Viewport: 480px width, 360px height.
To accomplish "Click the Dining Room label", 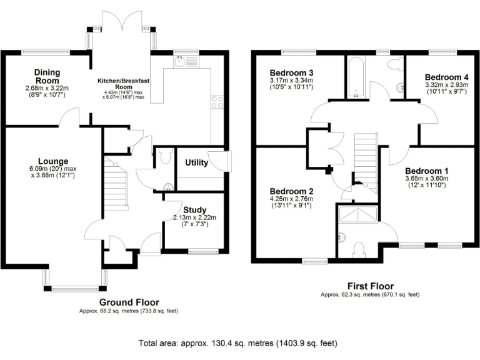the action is [47, 76].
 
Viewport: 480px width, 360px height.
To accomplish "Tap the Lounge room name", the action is [53, 161].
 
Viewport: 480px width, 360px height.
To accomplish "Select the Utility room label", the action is [196, 162].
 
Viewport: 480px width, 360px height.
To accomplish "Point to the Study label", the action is [195, 210].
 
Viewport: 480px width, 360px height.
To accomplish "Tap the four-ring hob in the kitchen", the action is [217, 102].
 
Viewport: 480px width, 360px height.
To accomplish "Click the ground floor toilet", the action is [166, 156].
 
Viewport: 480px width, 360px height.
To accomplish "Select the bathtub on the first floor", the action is [356, 77].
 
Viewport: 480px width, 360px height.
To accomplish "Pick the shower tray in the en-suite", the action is [358, 214].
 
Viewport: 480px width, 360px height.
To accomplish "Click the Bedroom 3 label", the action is [291, 73].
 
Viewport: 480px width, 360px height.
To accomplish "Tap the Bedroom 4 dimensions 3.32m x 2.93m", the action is [447, 85].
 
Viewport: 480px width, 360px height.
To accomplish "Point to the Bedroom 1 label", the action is [427, 171].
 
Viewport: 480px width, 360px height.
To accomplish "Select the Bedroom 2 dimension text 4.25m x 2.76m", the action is [291, 199].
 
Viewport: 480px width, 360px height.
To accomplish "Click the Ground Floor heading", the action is [129, 302].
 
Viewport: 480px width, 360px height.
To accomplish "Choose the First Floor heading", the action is [371, 286].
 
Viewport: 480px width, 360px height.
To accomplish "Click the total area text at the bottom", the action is [238, 343].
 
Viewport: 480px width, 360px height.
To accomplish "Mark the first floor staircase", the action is [366, 162].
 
